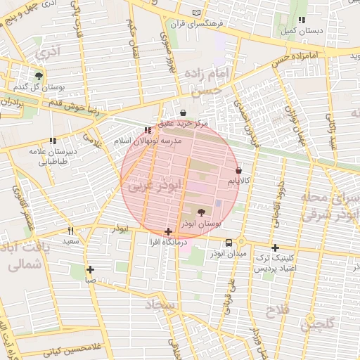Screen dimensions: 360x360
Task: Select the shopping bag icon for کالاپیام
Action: pos(239,170)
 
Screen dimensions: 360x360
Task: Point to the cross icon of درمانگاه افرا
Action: pos(168,231)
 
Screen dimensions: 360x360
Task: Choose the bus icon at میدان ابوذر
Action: pos(228,242)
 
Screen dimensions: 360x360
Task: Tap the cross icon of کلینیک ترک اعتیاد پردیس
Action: pos(275,247)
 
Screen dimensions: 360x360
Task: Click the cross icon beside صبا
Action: pos(90,269)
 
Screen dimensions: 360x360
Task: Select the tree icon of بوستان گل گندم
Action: pos(38,75)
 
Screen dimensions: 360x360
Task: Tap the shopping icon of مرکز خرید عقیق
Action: pos(184,112)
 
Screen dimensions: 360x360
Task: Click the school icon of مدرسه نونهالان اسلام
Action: pos(147,130)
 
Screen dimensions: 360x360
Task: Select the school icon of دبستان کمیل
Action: pos(302,20)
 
